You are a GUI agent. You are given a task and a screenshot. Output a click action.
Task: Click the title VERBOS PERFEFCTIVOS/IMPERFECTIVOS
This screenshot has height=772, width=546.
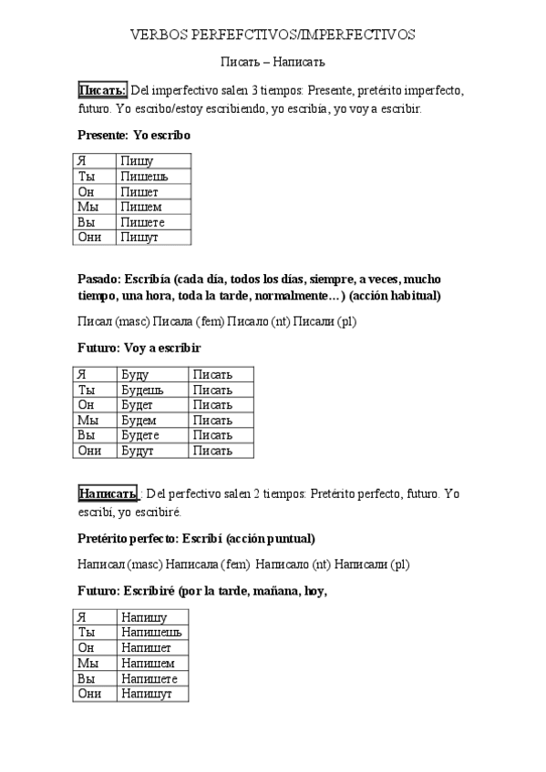[273, 35]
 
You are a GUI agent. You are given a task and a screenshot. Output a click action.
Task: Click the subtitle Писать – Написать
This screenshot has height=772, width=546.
[273, 62]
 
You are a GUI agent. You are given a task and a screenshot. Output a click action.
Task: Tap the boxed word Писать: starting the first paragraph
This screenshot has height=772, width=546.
[102, 90]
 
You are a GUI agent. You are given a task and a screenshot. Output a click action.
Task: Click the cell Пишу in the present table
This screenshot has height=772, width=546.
[137, 161]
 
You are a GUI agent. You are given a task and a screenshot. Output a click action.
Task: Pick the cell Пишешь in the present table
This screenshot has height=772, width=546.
[143, 177]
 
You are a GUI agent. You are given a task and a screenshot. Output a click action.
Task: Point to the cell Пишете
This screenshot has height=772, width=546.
[142, 222]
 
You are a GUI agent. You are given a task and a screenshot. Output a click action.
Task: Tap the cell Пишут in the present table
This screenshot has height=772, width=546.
[139, 238]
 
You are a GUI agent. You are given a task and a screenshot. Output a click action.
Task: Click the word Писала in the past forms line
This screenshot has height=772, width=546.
[173, 320]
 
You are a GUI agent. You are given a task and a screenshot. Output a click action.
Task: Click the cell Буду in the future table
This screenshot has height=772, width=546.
[135, 374]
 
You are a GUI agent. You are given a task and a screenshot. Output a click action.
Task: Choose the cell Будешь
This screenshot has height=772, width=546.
[141, 390]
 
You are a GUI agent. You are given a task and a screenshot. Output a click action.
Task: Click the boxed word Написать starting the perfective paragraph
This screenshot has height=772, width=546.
[107, 493]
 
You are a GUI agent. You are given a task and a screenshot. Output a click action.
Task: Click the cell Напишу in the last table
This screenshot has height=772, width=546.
[143, 617]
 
